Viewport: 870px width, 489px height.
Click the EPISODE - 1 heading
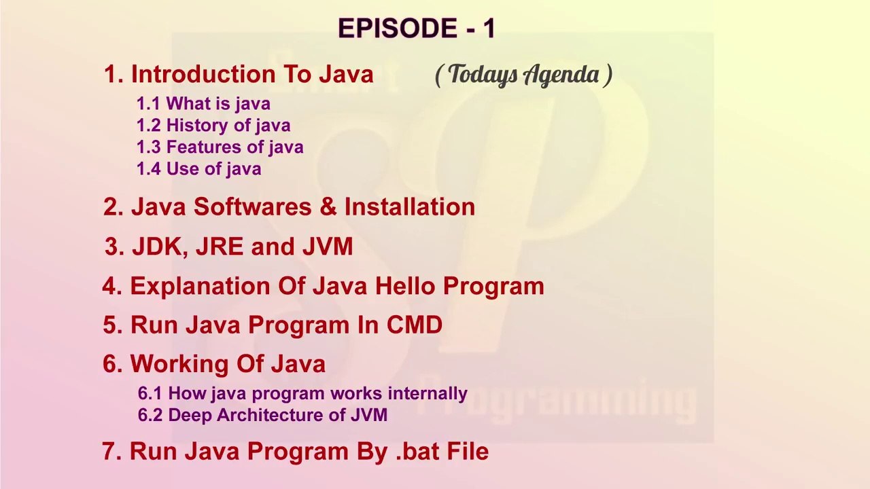click(417, 29)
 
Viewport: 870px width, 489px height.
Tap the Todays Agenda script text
click(523, 75)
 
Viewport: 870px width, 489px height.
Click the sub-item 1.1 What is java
click(203, 104)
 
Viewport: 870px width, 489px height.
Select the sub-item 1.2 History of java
click(213, 126)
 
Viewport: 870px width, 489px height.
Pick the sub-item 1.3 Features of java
click(220, 147)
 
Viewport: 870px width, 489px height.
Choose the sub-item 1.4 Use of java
click(198, 169)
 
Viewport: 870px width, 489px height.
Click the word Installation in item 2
click(409, 207)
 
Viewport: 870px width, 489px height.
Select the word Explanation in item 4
click(200, 287)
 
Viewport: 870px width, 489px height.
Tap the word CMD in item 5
click(415, 325)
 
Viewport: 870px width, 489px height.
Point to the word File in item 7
click(467, 452)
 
